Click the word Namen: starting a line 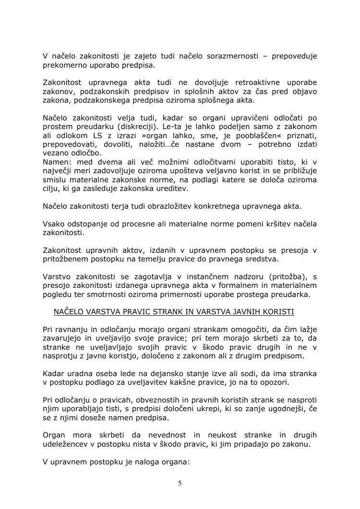56,162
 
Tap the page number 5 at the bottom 180,483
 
